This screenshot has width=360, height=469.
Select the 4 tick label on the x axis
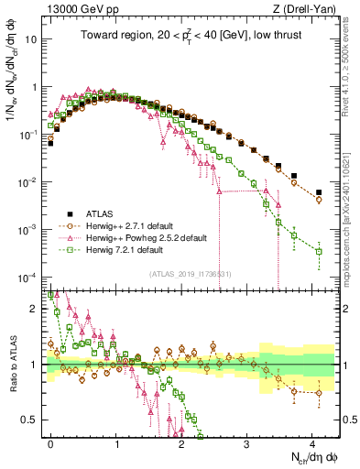[312, 443]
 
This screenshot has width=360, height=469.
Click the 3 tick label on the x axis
[247, 443]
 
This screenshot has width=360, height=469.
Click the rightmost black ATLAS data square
[319, 192]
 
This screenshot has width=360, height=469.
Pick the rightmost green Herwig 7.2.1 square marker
[319, 251]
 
